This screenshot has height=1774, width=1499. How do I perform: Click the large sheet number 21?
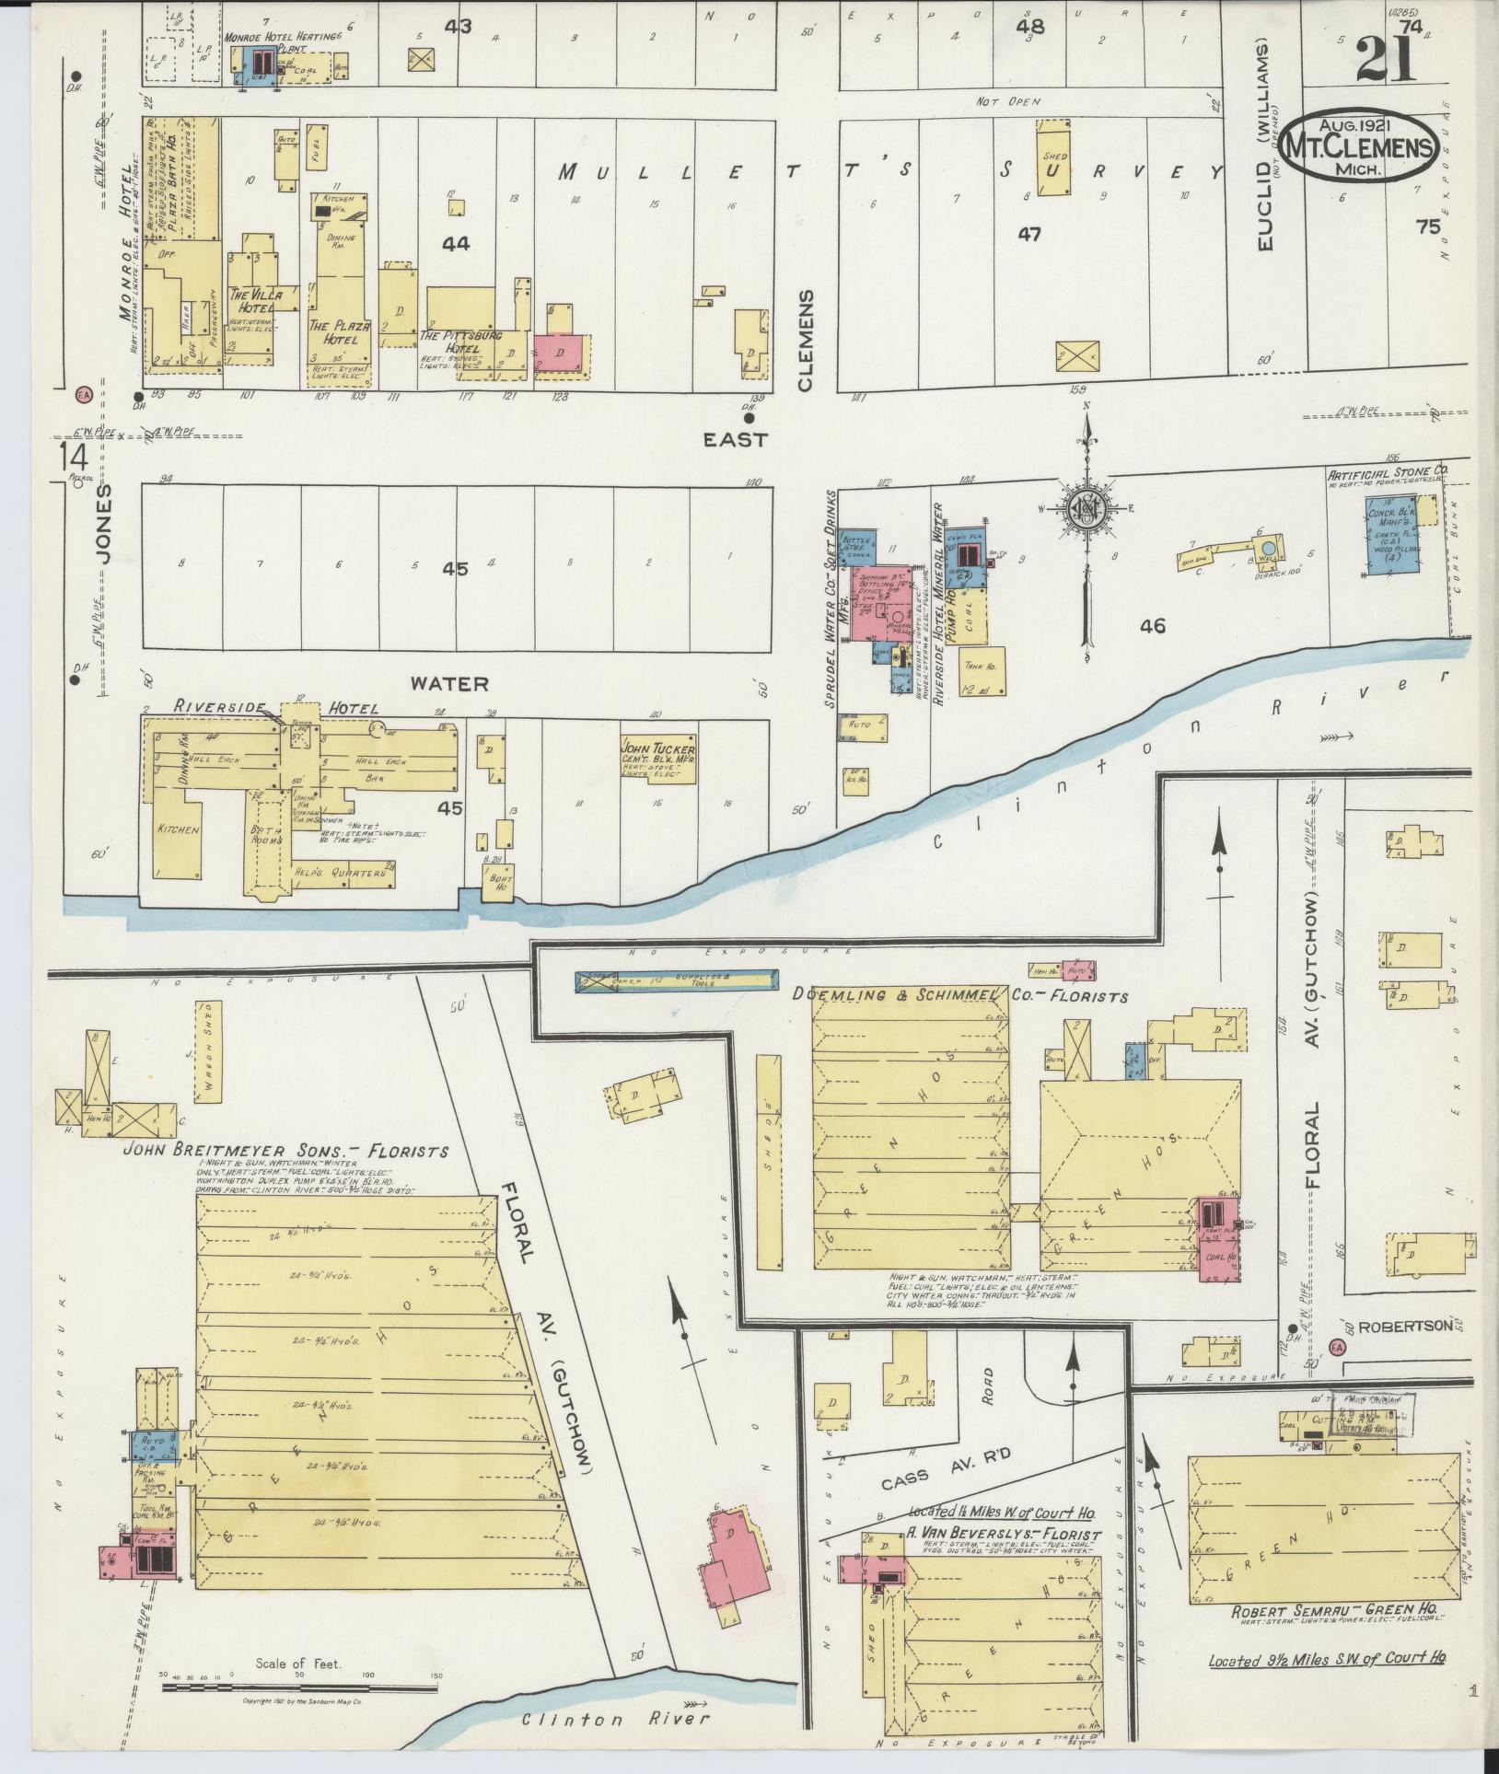pyautogui.click(x=1385, y=61)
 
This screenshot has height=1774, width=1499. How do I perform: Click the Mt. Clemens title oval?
pyautogui.click(x=1357, y=147)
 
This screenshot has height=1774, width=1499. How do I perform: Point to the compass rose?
pyautogui.click(x=1086, y=507)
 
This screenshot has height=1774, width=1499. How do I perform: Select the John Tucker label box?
pyautogui.click(x=658, y=759)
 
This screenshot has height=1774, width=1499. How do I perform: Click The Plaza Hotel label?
pyautogui.click(x=339, y=332)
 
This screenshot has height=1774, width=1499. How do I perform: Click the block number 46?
pyautogui.click(x=1152, y=627)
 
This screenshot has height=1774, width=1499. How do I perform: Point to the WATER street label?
pyautogui.click(x=449, y=683)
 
